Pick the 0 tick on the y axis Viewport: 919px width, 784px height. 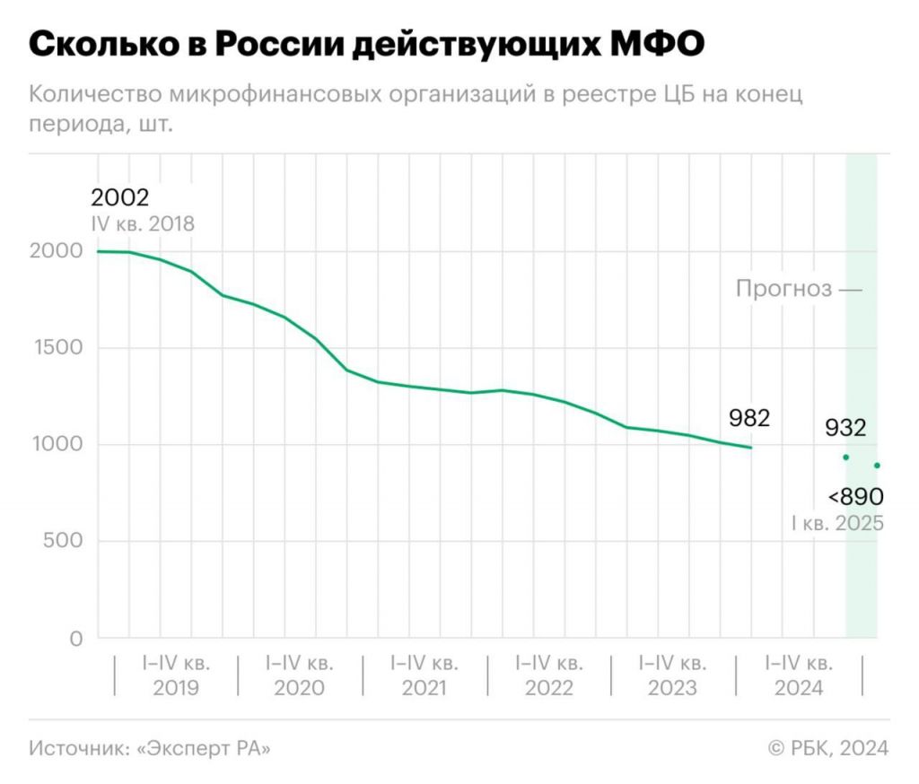pyautogui.click(x=76, y=639)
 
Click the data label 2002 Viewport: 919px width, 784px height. pyautogui.click(x=119, y=197)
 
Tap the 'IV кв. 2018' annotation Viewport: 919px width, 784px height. pyautogui.click(x=142, y=224)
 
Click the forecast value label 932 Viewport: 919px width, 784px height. pyautogui.click(x=845, y=428)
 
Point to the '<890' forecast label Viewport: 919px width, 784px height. pyautogui.click(x=856, y=496)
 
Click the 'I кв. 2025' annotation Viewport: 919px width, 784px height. pyautogui.click(x=836, y=523)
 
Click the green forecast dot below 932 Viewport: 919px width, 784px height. pyautogui.click(x=845, y=457)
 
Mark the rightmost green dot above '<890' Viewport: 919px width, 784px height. pyautogui.click(x=877, y=466)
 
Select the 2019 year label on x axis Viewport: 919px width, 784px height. pyautogui.click(x=176, y=688)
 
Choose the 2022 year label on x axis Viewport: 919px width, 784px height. pyautogui.click(x=548, y=688)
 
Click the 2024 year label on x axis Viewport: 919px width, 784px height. pyautogui.click(x=798, y=688)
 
